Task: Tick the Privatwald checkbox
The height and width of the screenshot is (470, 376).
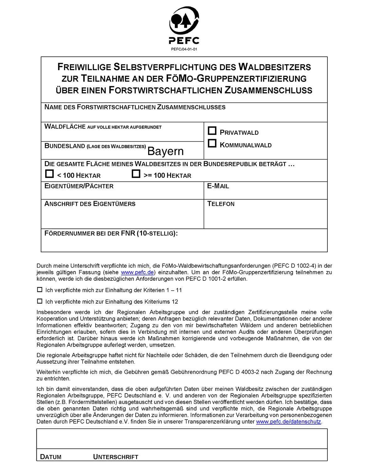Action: coord(212,131)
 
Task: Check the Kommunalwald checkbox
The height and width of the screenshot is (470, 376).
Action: coord(212,144)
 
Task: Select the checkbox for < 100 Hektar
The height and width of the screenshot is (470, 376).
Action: coord(50,174)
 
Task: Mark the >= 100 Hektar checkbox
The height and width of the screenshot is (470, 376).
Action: coord(136,174)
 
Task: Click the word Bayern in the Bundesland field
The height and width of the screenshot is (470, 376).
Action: coord(165,151)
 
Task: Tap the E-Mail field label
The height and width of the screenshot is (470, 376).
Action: coord(218,186)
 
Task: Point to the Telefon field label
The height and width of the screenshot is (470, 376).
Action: coord(221,204)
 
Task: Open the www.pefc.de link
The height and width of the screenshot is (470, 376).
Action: coord(137,273)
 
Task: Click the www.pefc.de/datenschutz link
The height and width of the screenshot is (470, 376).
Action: coord(289,422)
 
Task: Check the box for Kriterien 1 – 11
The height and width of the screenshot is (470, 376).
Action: coord(40,290)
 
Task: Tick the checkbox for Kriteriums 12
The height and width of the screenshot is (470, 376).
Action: coord(40,301)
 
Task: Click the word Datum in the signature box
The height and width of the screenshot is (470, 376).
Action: coord(51,457)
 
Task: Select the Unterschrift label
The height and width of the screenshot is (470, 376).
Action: coord(116,457)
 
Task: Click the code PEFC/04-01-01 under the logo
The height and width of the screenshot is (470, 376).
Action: coord(184,49)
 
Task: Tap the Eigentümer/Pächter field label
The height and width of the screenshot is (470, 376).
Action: coord(79,186)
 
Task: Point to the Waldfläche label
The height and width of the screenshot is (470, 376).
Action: coord(65,127)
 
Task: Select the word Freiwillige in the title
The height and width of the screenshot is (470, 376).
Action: coord(84,67)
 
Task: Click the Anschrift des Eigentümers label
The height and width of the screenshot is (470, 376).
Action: coord(90,204)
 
